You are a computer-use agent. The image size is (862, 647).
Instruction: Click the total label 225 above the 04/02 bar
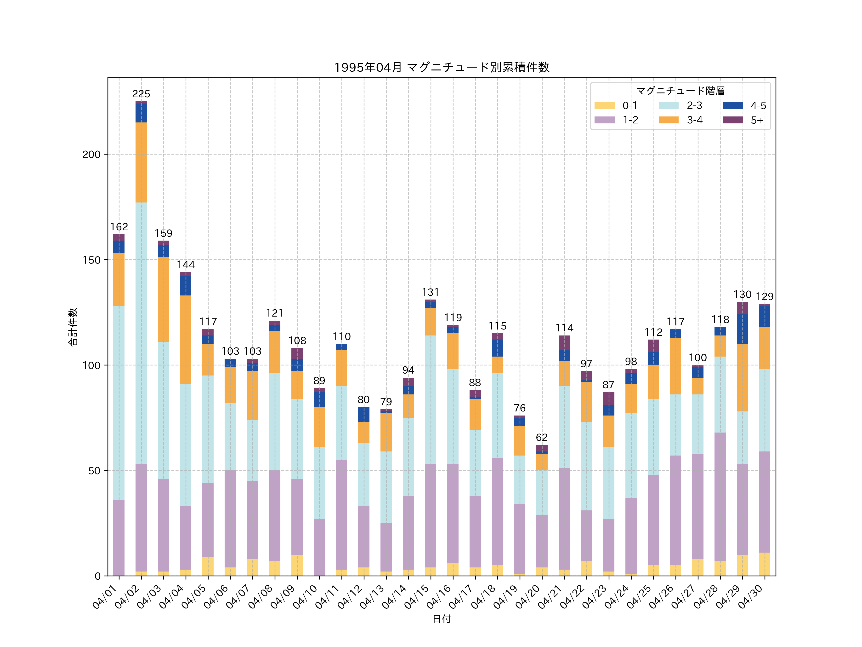141,94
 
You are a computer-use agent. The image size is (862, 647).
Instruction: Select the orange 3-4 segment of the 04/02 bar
141,162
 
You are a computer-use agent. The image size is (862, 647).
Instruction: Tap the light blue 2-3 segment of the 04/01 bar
119,403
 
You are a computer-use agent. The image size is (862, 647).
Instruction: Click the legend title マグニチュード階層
681,91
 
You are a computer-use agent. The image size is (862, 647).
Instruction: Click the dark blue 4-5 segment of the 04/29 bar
742,329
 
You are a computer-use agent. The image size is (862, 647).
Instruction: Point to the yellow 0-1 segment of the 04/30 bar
765,564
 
